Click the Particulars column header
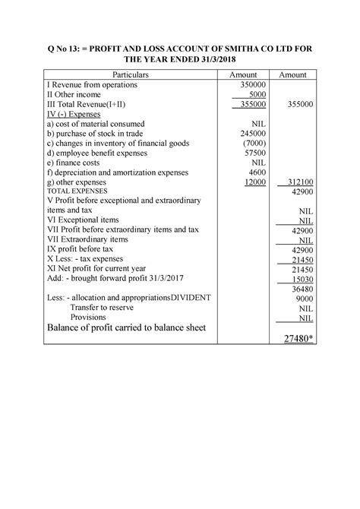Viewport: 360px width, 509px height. point(130,76)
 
